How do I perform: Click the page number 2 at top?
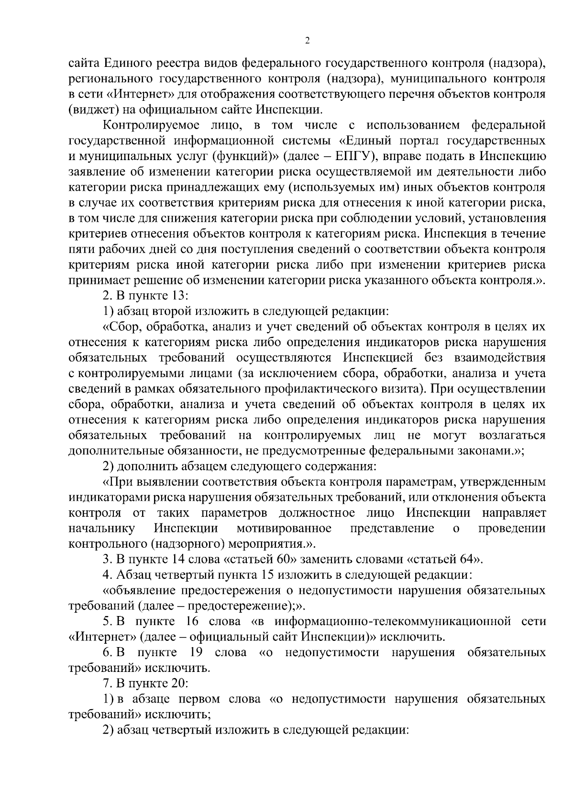[x=308, y=41]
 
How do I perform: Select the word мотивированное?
[x=284, y=528]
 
